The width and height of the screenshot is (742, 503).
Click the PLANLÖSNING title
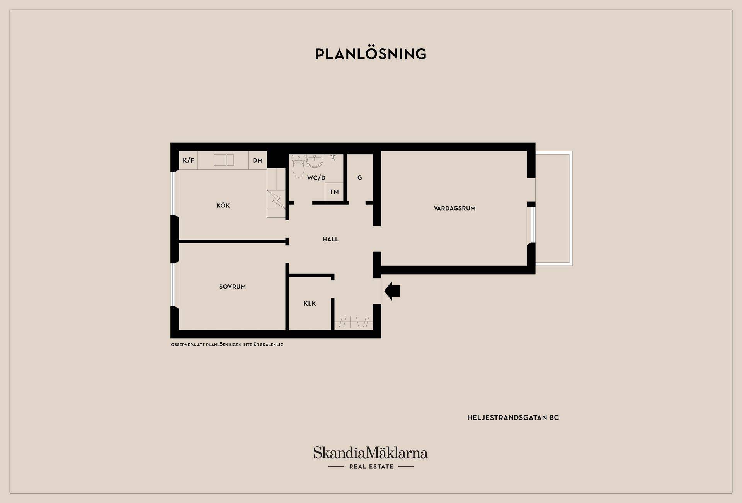pyautogui.click(x=371, y=54)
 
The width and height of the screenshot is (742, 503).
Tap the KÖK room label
pyautogui.click(x=223, y=205)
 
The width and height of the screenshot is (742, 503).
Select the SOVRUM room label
pyautogui.click(x=232, y=287)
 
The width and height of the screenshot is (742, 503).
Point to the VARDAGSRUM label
pyautogui.click(x=454, y=208)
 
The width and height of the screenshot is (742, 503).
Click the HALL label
pyautogui.click(x=330, y=239)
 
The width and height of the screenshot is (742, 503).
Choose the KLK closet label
pyautogui.click(x=310, y=304)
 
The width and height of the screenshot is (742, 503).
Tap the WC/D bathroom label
pyautogui.click(x=317, y=178)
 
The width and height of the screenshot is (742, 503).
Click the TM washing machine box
pyautogui.click(x=334, y=192)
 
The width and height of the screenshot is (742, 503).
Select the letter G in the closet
pyautogui.click(x=360, y=178)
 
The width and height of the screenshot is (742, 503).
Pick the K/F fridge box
pyautogui.click(x=189, y=160)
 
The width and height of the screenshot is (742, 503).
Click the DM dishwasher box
pyautogui.click(x=257, y=160)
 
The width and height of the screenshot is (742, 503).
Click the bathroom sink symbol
pyautogui.click(x=315, y=161)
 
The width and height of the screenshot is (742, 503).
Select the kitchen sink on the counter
pyautogui.click(x=224, y=160)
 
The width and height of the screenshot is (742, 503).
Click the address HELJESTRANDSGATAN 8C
pyautogui.click(x=513, y=418)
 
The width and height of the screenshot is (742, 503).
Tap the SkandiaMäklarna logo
pyautogui.click(x=371, y=453)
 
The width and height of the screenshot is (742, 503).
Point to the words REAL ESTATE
pyautogui.click(x=371, y=467)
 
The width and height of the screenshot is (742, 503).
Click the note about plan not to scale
pyautogui.click(x=227, y=345)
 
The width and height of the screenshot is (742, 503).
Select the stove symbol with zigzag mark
pyautogui.click(x=276, y=199)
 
